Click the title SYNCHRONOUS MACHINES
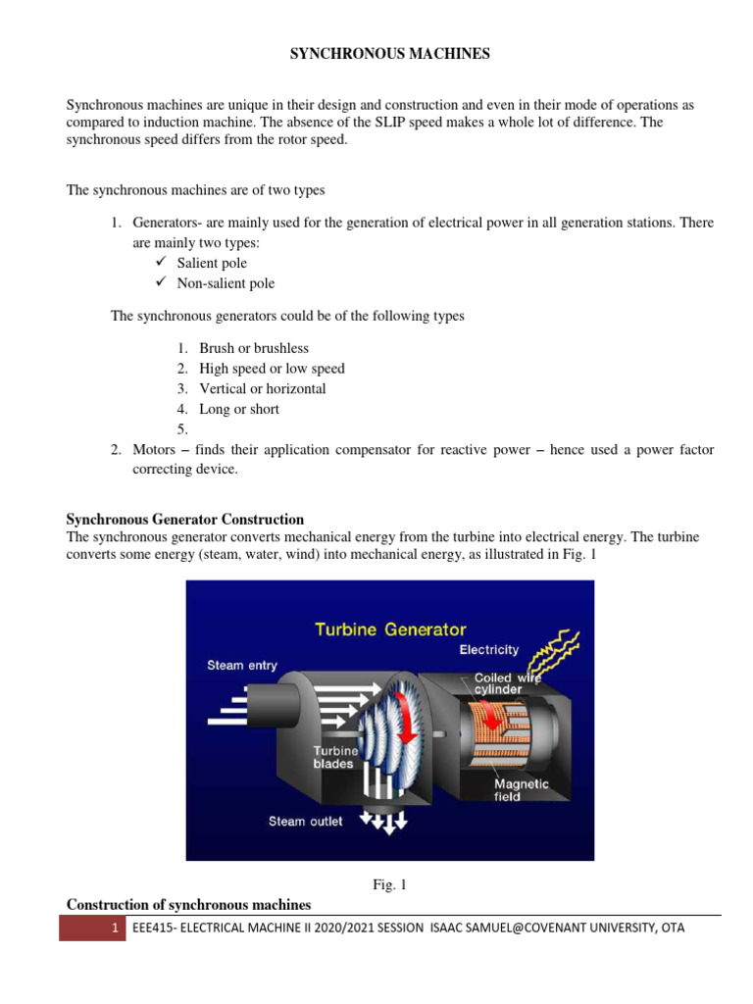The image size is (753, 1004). point(389,55)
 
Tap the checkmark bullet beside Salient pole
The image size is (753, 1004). point(162,263)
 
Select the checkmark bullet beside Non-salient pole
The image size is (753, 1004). point(162,283)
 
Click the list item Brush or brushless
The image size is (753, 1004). point(253,348)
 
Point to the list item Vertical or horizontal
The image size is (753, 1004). point(262,388)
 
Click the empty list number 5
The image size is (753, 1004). point(181,429)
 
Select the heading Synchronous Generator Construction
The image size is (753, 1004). point(184,519)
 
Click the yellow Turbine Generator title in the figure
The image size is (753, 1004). point(390,629)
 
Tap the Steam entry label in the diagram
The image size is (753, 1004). point(242,665)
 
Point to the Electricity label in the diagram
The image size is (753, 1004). point(489,650)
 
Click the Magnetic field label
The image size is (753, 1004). point(522,790)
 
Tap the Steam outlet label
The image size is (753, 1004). point(306,821)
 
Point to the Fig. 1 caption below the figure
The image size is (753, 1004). point(389,884)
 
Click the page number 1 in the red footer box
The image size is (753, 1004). point(115,928)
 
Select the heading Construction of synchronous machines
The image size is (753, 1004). point(188,904)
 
